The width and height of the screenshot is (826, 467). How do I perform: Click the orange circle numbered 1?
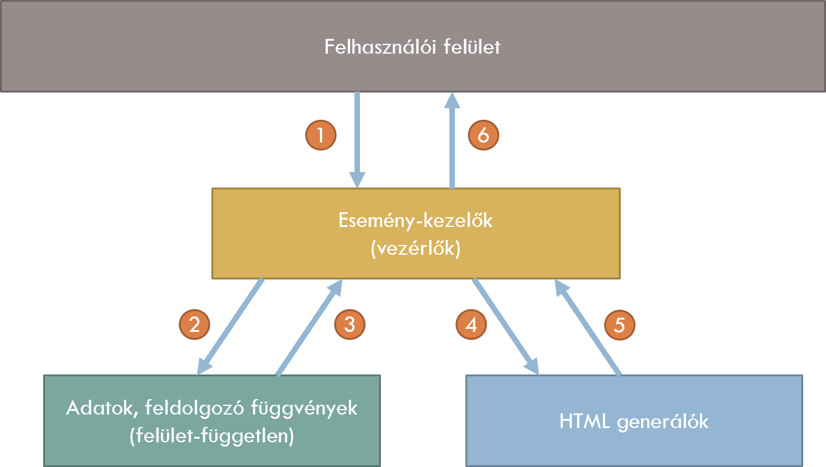pos(321,135)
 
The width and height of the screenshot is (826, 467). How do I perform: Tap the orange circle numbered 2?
pos(194,324)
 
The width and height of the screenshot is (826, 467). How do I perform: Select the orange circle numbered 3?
pos(350,324)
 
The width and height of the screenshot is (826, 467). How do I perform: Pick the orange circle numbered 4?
pos(471,324)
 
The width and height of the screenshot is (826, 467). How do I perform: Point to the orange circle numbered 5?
pos(619,324)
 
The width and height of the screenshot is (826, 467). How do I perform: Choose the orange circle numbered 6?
pos(483,135)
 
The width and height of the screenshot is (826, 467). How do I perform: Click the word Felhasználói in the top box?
pos(380,47)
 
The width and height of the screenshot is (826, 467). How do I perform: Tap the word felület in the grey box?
pos(472,47)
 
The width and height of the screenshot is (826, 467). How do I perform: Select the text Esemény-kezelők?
pos(415,221)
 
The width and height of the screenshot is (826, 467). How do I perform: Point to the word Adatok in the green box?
pos(93,408)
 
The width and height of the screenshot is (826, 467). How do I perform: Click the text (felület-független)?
pos(211,436)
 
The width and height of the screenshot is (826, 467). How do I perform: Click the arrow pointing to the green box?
pos(230,327)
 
